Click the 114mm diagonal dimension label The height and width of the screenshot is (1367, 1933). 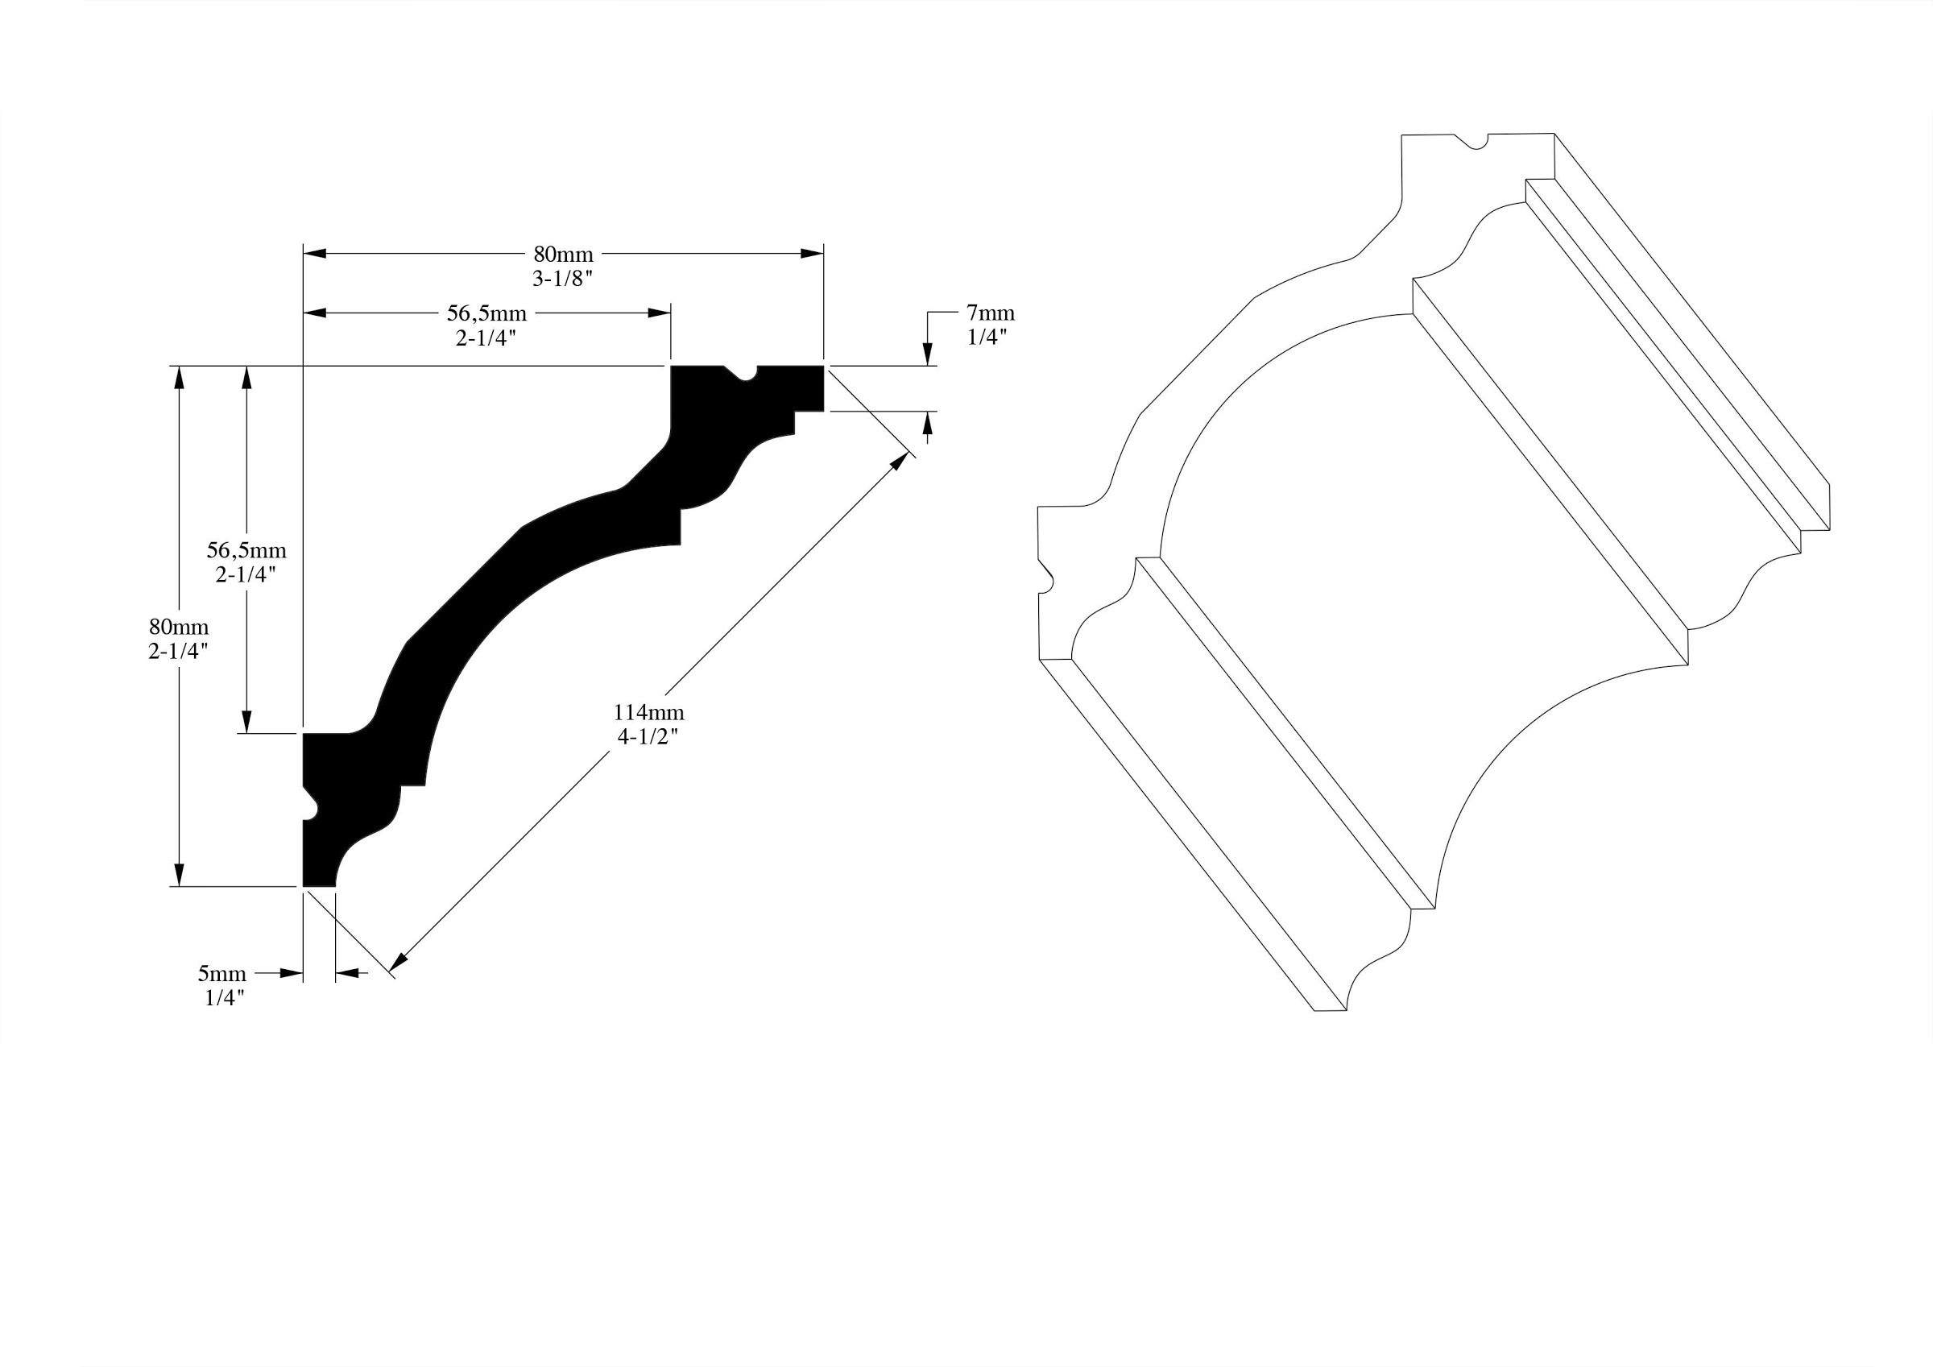tap(648, 713)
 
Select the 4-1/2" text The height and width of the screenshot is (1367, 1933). tap(648, 737)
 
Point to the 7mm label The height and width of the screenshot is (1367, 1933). tap(990, 313)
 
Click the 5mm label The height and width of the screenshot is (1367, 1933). tap(222, 975)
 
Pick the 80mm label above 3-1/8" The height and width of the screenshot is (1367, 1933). tap(563, 255)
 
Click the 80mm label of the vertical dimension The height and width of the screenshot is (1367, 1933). tap(179, 627)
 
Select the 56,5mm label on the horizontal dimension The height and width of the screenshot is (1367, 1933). tap(486, 314)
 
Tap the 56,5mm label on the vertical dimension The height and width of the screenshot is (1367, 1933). tap(246, 551)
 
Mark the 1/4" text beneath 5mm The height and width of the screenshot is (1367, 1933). tap(224, 999)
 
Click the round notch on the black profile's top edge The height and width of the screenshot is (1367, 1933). tap(744, 375)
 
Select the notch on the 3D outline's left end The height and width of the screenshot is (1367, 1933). tap(1047, 577)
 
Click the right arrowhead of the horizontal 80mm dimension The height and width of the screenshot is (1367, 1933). tap(812, 253)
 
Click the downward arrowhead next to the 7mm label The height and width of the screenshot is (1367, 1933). tap(928, 354)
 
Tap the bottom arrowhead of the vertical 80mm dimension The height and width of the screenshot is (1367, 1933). tap(178, 874)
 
